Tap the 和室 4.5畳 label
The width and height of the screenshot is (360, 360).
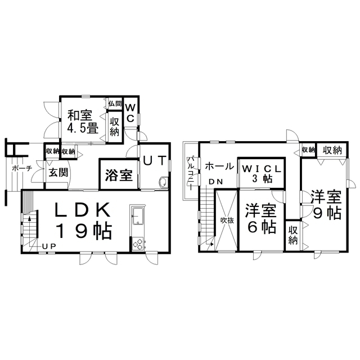[83, 121]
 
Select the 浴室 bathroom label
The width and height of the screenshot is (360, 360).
[119, 175]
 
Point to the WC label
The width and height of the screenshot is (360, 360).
[130, 112]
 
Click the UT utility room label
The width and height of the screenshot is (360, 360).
[155, 160]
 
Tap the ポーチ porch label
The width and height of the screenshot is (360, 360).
[22, 168]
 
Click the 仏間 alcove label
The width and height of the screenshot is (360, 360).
[115, 103]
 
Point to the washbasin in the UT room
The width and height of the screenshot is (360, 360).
[163, 182]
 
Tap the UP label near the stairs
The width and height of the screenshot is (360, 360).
[49, 246]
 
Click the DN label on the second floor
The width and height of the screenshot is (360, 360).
[216, 182]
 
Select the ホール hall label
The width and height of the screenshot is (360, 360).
[219, 166]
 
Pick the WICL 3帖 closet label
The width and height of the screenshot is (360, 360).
[262, 174]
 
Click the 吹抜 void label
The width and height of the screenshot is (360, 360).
[227, 220]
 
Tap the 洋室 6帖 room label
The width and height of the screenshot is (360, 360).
[261, 218]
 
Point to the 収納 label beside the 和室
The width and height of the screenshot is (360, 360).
[114, 127]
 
